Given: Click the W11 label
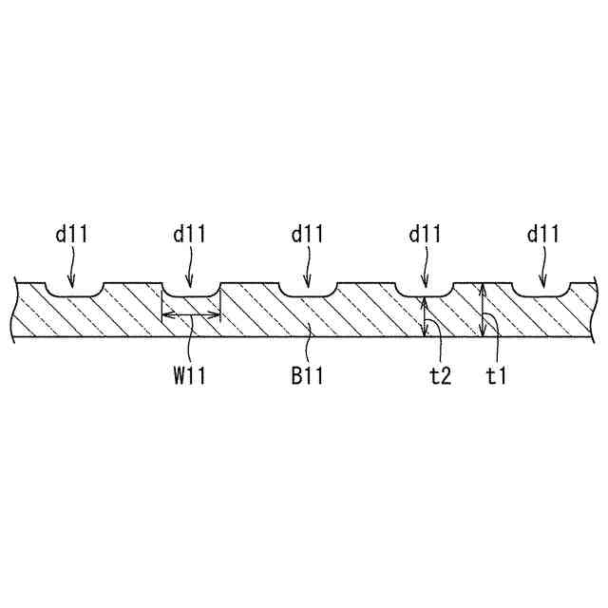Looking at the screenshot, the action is click(x=190, y=376).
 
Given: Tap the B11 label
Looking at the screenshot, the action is click(x=308, y=376).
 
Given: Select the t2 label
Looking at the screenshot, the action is click(x=439, y=376).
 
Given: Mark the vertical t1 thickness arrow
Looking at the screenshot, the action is click(x=483, y=310).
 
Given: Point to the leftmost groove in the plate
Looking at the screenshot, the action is click(x=75, y=289).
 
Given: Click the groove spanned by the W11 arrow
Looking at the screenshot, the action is click(x=191, y=289).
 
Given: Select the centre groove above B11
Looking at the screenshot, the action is click(x=308, y=289).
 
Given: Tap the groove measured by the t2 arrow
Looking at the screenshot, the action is click(x=425, y=289).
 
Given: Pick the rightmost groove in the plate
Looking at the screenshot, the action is click(x=541, y=289).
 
